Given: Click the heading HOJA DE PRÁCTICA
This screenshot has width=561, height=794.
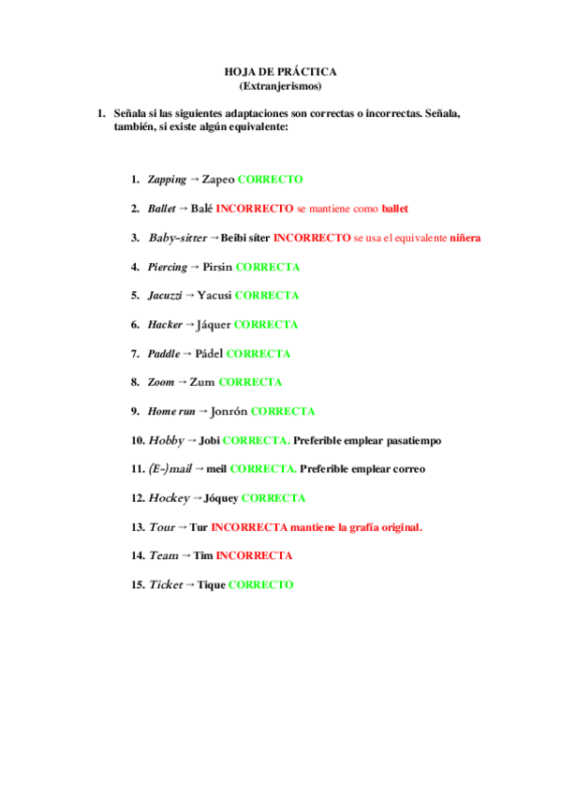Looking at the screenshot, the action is click(x=280, y=72).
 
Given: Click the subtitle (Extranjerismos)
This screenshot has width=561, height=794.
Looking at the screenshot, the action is click(x=280, y=86).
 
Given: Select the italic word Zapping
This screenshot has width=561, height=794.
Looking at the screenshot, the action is click(x=167, y=179).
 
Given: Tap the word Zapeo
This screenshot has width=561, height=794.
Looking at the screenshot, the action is click(x=218, y=179).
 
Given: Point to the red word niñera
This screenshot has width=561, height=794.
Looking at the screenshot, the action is click(x=465, y=238).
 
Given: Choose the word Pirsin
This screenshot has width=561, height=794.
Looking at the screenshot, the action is click(x=216, y=267).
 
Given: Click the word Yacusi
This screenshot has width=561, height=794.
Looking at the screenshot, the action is click(x=214, y=296).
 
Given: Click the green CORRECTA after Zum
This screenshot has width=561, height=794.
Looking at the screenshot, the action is click(x=250, y=382).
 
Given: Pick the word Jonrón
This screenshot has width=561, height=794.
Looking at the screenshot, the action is click(x=229, y=411).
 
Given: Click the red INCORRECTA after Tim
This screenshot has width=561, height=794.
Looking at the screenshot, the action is click(x=254, y=555).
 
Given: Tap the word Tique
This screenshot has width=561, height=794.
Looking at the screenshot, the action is click(x=211, y=584).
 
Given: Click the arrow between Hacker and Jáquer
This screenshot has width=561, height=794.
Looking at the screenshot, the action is click(x=190, y=325).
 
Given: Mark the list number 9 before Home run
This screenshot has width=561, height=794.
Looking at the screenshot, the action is click(x=136, y=411).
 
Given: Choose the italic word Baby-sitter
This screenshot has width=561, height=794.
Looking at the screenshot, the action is click(x=177, y=238).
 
